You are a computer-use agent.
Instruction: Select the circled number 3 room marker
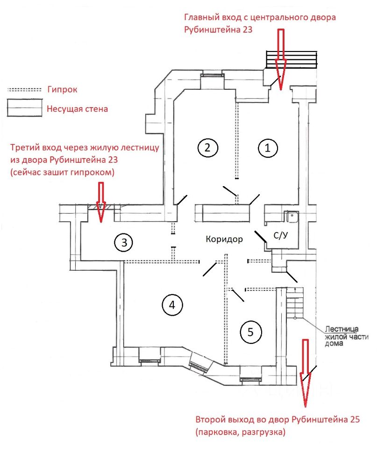(x=123, y=243)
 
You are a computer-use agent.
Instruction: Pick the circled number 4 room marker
(x=172, y=305)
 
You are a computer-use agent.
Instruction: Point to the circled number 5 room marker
(x=250, y=332)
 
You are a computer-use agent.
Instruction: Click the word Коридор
(x=224, y=239)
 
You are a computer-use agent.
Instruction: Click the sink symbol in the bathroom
(x=293, y=216)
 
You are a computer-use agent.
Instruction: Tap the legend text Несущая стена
(x=78, y=109)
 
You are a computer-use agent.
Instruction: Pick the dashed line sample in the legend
(x=25, y=89)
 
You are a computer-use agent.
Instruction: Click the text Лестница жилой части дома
(x=346, y=336)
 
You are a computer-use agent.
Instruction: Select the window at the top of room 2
(x=207, y=75)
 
